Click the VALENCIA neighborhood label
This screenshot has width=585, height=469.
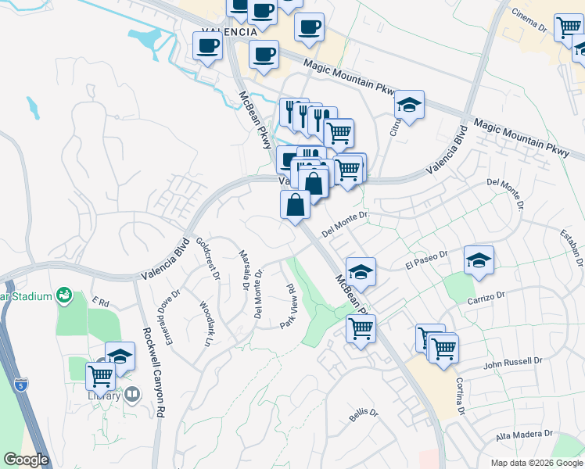(229, 32)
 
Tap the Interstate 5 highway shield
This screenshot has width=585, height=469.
(22, 384)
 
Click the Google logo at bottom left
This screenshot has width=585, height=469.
(26, 460)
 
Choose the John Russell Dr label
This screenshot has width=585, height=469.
(512, 362)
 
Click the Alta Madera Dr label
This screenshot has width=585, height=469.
(524, 433)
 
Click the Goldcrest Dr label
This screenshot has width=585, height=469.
(206, 255)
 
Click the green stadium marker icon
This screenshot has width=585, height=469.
(65, 296)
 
